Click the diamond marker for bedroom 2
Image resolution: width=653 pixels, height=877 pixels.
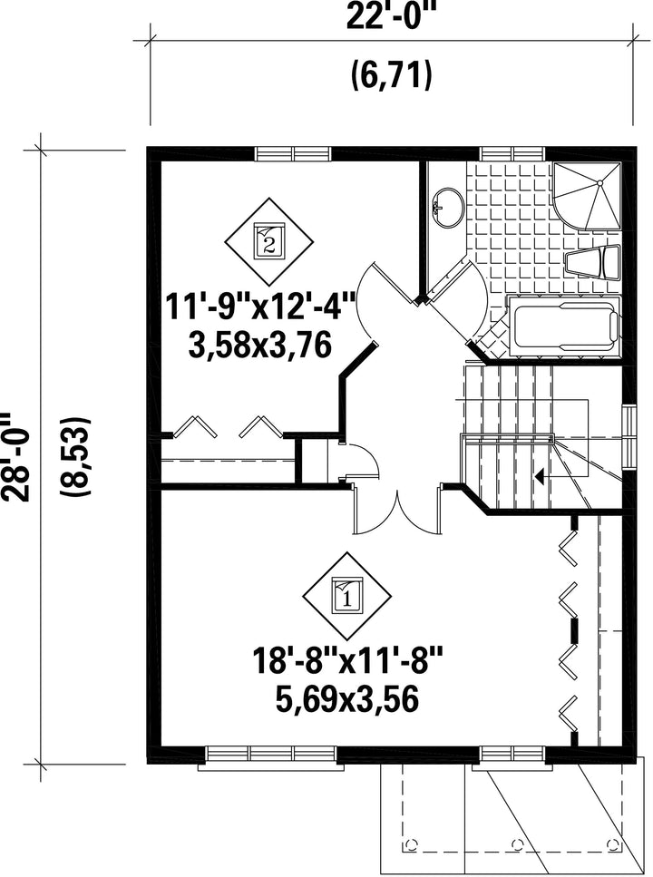click(x=269, y=241)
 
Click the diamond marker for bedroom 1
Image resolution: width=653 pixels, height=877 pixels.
click(x=347, y=597)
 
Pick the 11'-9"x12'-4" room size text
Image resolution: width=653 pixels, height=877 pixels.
click(x=261, y=307)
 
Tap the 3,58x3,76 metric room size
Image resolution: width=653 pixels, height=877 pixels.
click(x=261, y=346)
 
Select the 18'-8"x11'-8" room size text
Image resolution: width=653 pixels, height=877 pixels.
click(x=347, y=661)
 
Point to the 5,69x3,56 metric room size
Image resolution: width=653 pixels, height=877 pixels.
click(x=347, y=699)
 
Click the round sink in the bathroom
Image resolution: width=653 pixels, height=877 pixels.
click(x=448, y=207)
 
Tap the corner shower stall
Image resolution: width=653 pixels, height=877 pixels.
click(x=587, y=195)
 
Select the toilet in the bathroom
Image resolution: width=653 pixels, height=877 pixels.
click(x=594, y=262)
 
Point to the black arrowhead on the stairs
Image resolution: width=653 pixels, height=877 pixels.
click(x=540, y=476)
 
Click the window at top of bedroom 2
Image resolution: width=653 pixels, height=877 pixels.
click(x=293, y=154)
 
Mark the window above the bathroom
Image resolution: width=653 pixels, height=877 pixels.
click(x=512, y=154)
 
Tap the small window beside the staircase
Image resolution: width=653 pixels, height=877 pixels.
click(x=630, y=437)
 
